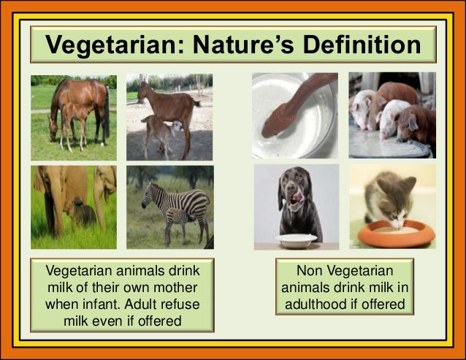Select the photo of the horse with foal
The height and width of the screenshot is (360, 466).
tap(73, 117)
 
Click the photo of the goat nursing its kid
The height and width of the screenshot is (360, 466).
tap(169, 117)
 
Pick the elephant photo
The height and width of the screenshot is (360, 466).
tap(73, 207)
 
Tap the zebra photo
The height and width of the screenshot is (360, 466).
tap(169, 207)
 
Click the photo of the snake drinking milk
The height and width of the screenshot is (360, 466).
tap(295, 115)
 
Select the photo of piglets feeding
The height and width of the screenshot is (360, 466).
tap(391, 115)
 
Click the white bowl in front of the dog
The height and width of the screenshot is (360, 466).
tap(296, 240)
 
